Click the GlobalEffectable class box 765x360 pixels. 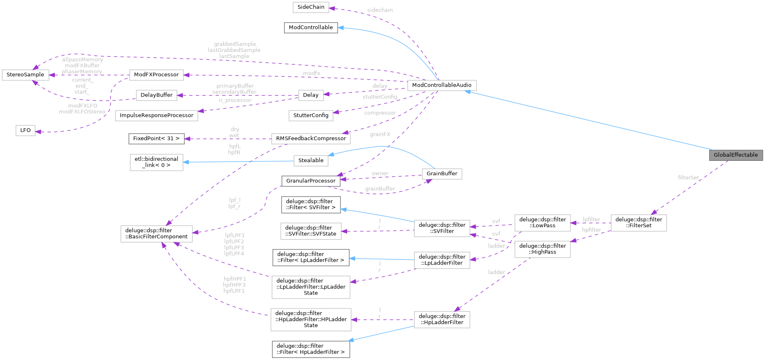point(736,155)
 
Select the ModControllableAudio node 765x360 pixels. point(441,85)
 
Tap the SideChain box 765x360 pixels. point(311,7)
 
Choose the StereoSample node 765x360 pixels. point(25,75)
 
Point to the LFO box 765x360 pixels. point(26,130)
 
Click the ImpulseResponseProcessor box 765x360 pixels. point(156,115)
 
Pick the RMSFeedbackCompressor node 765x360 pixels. point(311,139)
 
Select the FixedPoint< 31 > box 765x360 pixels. point(156,139)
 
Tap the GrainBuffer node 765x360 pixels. point(442,174)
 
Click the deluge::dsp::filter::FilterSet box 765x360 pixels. point(638,223)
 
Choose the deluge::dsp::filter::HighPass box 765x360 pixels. point(542,249)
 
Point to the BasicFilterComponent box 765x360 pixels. point(156,233)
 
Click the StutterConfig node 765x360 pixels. point(311,115)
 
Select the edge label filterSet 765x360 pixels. point(688,178)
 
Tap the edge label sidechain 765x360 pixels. point(380,10)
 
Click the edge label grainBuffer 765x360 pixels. point(380,189)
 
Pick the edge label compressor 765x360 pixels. point(380,113)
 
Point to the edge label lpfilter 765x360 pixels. point(591,219)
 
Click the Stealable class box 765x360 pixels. point(311,160)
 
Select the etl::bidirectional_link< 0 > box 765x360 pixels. point(156,162)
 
